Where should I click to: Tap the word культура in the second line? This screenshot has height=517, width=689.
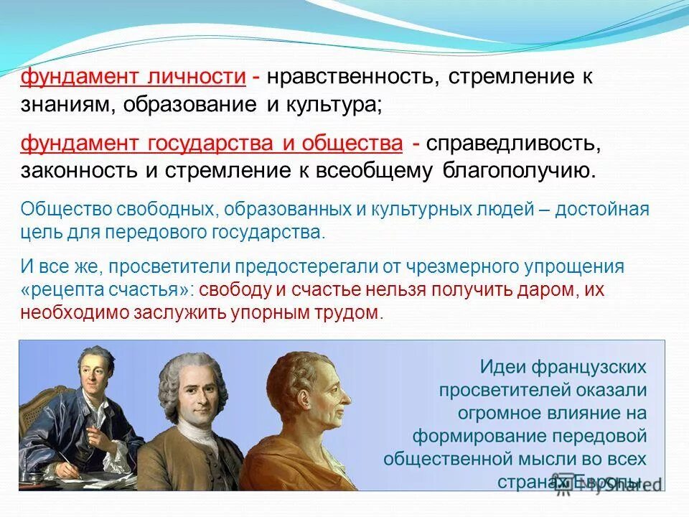[329, 105]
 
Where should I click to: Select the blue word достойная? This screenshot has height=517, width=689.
[608, 210]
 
